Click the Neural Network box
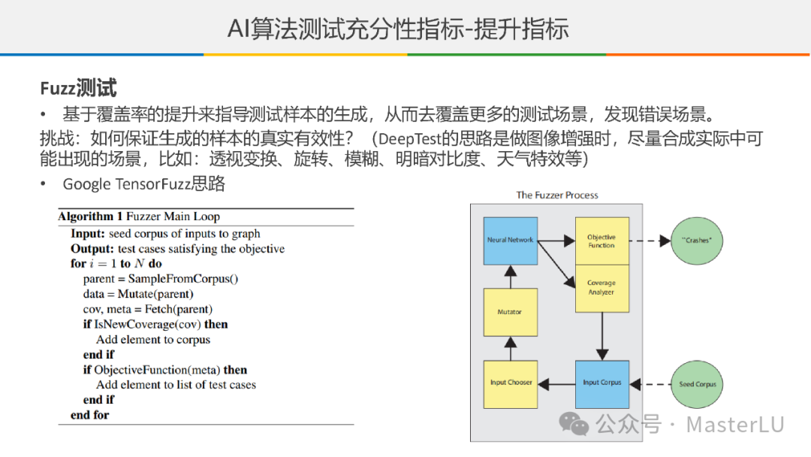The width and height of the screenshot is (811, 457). click(x=511, y=241)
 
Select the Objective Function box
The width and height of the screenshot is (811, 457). click(x=601, y=241)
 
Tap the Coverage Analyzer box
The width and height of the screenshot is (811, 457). click(x=601, y=288)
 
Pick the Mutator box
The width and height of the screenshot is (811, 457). click(x=511, y=312)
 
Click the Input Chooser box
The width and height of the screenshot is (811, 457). click(x=511, y=383)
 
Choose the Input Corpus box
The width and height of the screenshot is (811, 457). click(x=601, y=383)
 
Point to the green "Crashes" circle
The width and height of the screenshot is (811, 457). click(x=698, y=241)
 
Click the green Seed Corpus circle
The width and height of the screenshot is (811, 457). click(x=698, y=384)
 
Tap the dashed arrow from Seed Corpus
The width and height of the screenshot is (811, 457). click(x=650, y=384)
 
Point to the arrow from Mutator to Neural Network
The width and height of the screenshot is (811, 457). click(x=511, y=276)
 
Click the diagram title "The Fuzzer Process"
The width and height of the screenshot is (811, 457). click(x=557, y=195)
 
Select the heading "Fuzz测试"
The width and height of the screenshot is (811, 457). click(x=78, y=89)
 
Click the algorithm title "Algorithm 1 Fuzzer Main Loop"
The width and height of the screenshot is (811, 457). click(x=139, y=216)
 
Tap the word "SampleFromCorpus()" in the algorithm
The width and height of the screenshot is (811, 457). click(x=188, y=279)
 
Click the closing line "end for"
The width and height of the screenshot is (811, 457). click(x=90, y=415)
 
